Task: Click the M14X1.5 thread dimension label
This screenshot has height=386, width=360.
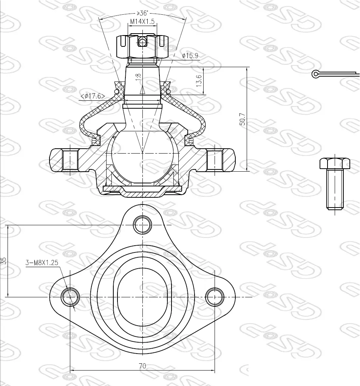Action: coord(142,22)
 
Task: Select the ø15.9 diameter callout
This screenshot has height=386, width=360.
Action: coord(190,55)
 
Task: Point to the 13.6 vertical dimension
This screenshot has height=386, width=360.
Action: coord(199,80)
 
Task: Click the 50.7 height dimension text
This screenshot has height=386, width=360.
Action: coord(243,119)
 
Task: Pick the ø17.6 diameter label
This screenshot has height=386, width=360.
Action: coord(93,96)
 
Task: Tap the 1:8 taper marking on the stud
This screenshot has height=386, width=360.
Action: coord(138,77)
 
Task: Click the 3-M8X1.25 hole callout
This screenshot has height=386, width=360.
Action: coord(42,262)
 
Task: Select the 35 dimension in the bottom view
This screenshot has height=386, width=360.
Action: coord(3,261)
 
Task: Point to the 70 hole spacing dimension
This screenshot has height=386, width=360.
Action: coord(142,366)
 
